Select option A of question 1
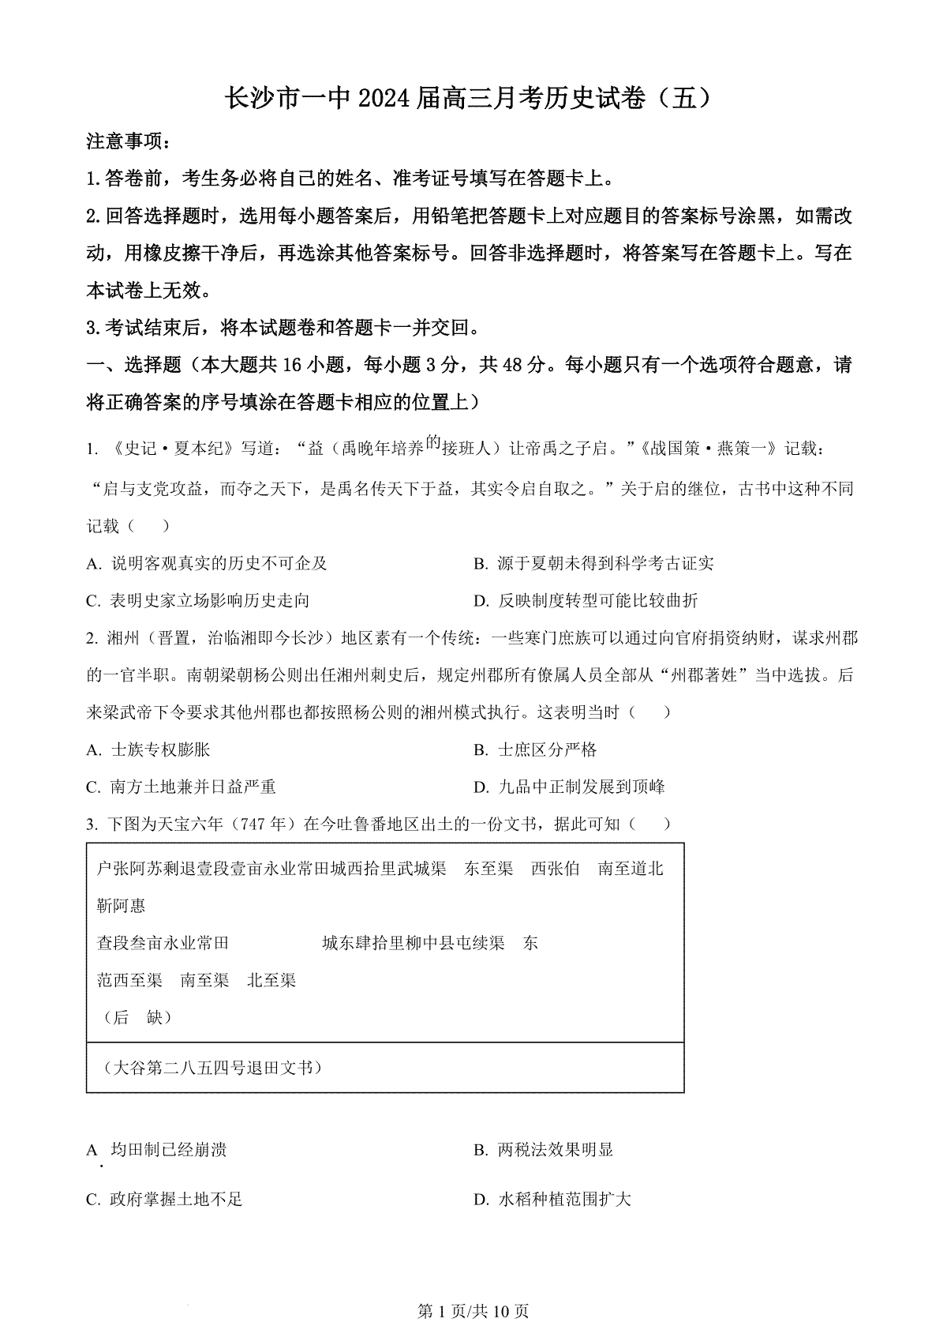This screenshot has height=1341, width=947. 207,563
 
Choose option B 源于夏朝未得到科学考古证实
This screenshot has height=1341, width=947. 593,563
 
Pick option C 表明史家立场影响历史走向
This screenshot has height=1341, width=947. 197,601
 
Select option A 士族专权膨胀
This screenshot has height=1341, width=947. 148,749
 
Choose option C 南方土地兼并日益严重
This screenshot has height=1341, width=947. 181,787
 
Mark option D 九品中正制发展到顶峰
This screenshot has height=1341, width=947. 569,787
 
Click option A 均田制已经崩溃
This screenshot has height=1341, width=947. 157,1150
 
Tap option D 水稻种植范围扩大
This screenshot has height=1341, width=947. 552,1200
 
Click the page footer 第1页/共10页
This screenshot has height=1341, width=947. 473,1312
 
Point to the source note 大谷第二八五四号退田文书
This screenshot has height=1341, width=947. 213,1068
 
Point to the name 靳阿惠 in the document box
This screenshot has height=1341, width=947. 121,906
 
